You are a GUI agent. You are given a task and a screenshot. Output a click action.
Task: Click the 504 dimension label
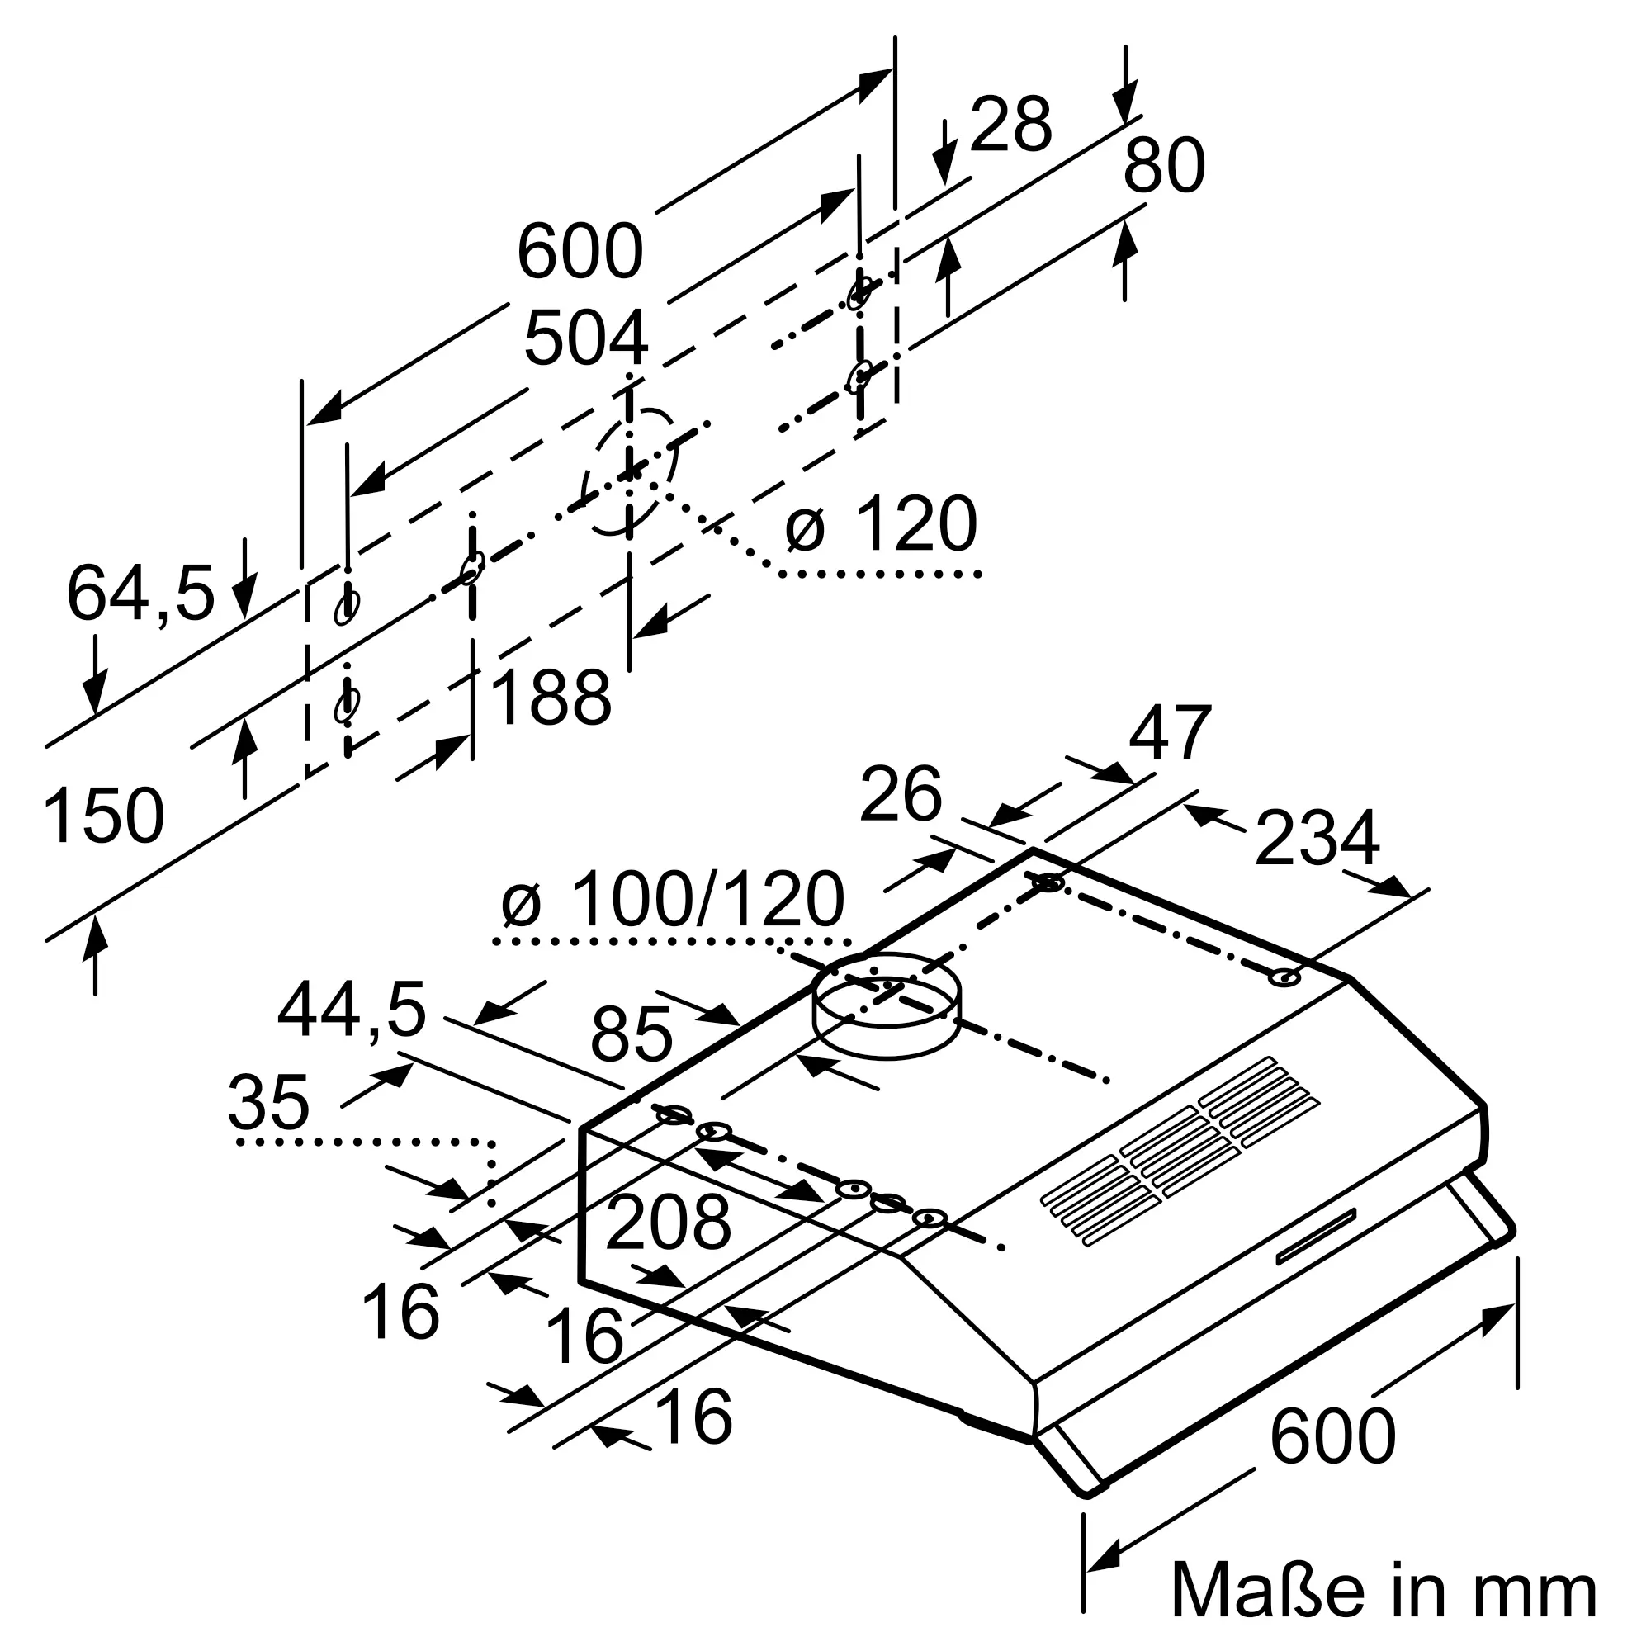click(586, 339)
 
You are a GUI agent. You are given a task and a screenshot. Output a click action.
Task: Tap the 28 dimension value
click(1011, 125)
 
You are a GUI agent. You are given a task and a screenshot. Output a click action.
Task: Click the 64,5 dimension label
click(140, 592)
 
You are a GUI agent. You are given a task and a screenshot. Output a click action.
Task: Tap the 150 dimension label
click(103, 816)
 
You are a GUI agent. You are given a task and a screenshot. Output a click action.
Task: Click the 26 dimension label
click(901, 794)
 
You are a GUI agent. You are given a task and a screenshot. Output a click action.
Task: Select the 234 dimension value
click(1317, 839)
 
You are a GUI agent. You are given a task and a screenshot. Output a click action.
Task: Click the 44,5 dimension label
click(351, 1011)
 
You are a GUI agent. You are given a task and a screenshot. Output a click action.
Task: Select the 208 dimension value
click(669, 1223)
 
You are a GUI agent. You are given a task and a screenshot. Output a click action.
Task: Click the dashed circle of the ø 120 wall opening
click(630, 471)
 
